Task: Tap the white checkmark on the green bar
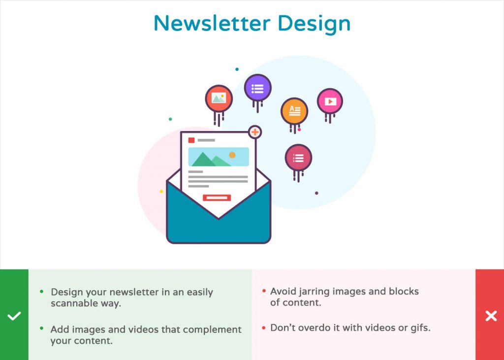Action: click(14, 316)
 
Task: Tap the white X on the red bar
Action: click(491, 316)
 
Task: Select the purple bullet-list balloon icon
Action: click(257, 88)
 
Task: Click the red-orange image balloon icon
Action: click(219, 99)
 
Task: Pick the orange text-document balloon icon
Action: click(294, 111)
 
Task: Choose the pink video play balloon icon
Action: click(330, 101)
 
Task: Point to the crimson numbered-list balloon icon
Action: click(298, 158)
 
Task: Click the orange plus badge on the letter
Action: click(255, 132)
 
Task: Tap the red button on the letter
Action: click(217, 197)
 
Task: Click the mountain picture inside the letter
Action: click(219, 157)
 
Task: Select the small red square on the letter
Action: click(191, 140)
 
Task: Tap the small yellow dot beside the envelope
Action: click(161, 192)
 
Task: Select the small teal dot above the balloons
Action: click(237, 69)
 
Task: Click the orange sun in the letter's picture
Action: click(232, 155)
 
